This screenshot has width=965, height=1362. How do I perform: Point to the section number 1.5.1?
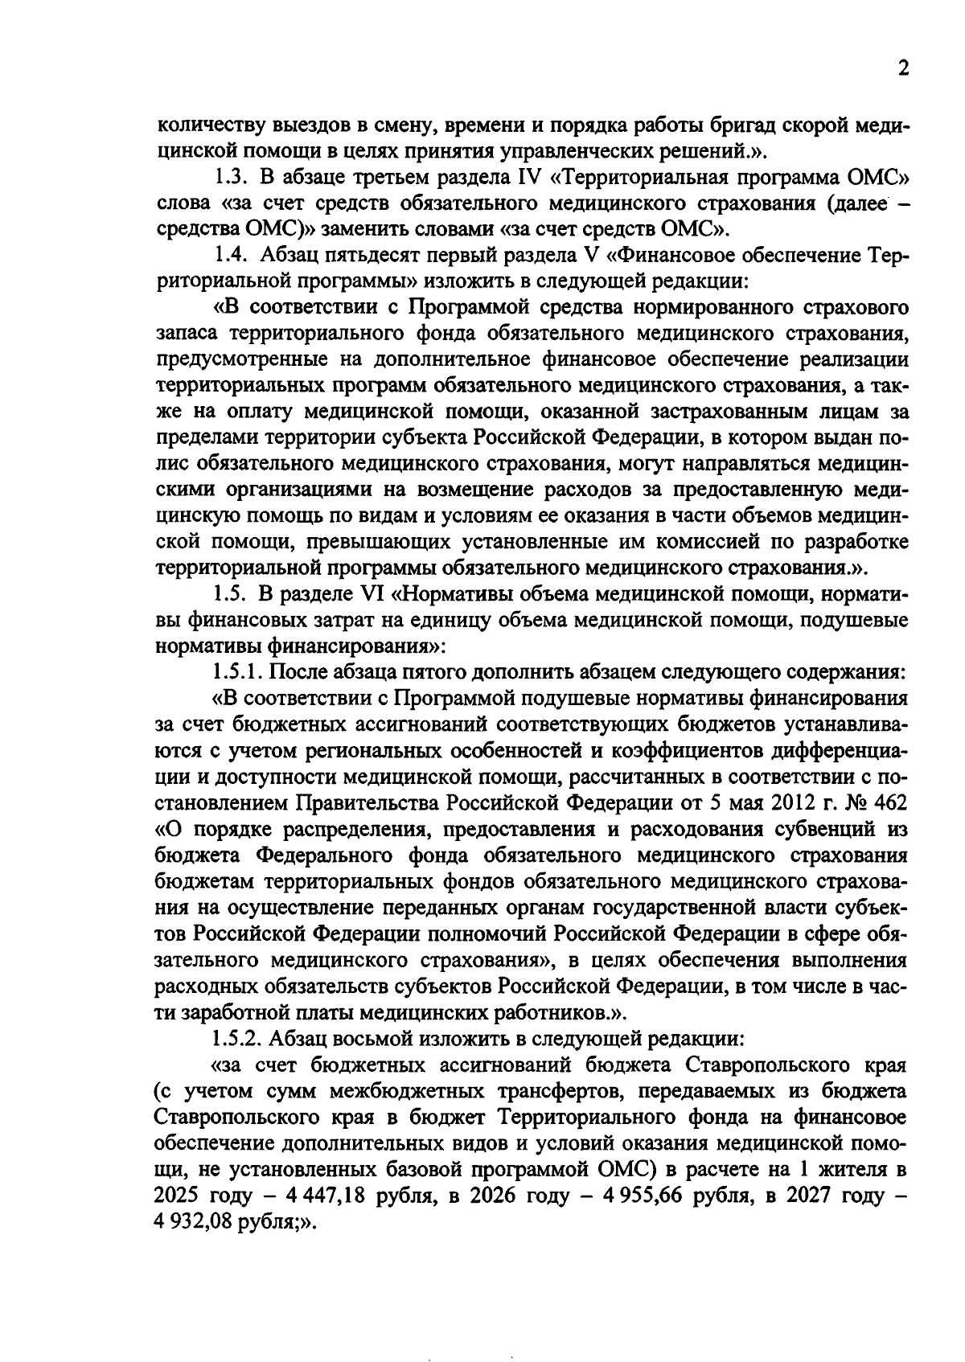(238, 672)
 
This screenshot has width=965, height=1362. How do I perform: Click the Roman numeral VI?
(373, 595)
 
